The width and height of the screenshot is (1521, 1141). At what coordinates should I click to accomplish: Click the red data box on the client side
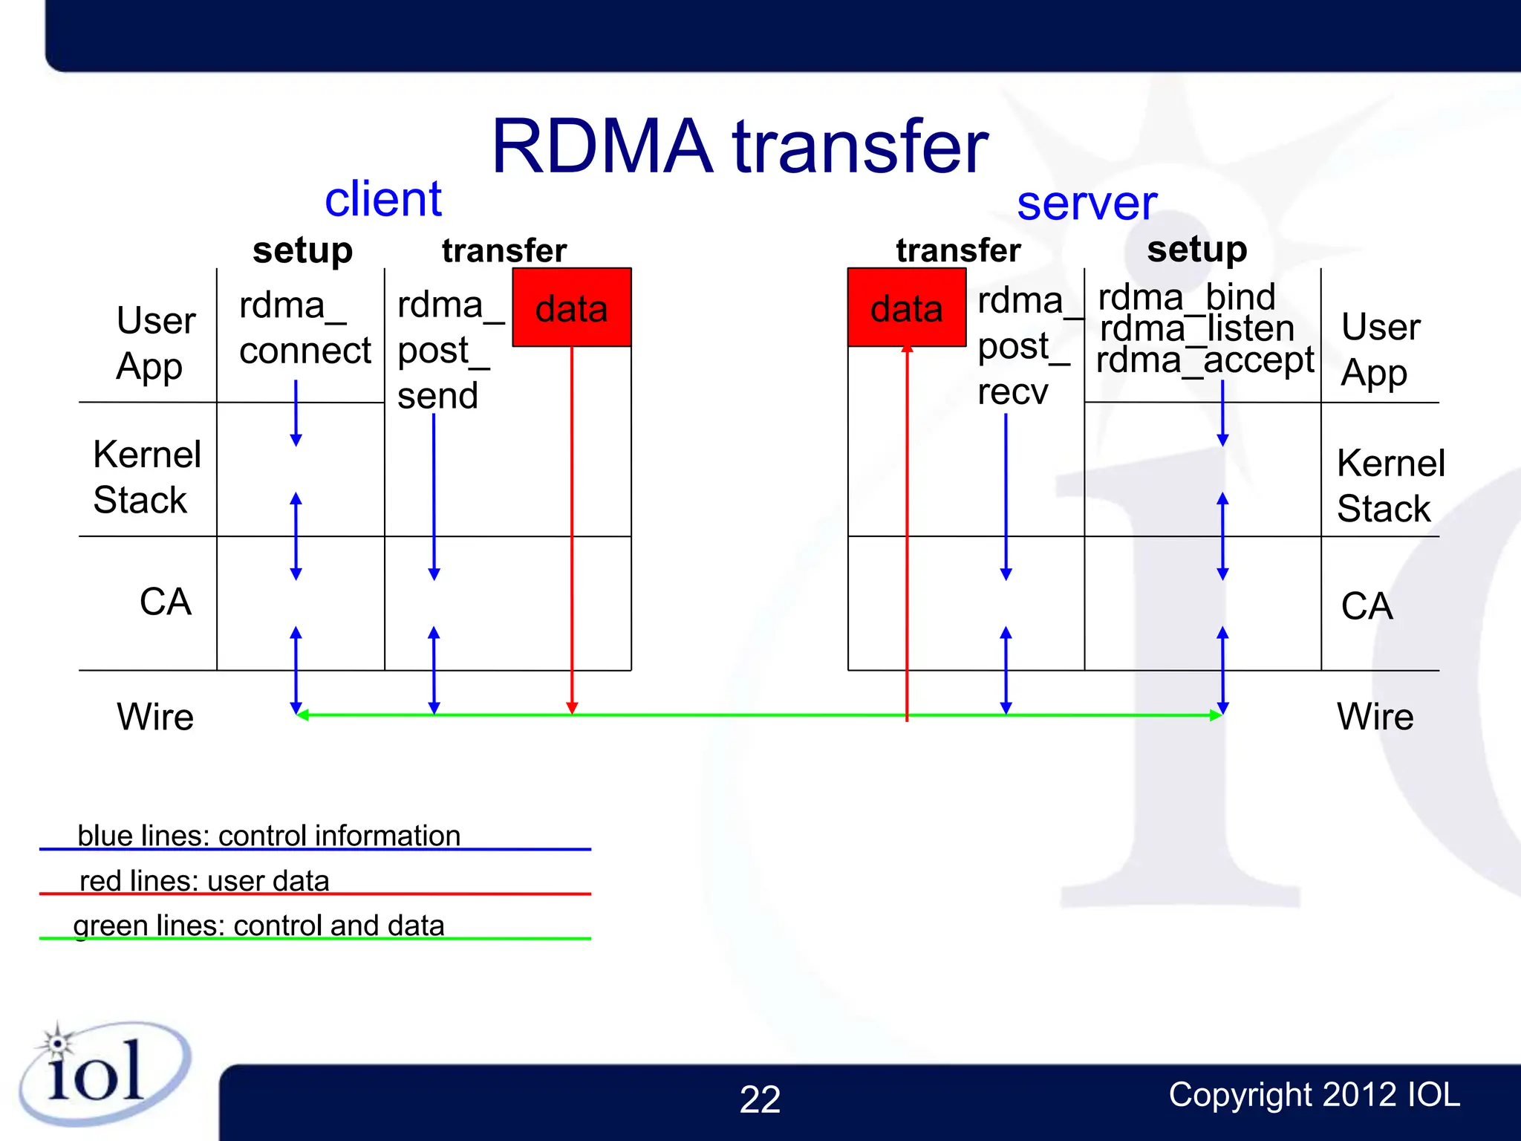(571, 308)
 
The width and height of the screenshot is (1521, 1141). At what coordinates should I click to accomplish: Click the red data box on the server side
(907, 308)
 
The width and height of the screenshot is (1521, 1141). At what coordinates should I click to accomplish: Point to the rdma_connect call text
(304, 328)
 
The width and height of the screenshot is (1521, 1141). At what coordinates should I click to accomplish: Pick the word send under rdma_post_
(437, 395)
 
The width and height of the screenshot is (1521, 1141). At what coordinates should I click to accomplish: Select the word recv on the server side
(1012, 391)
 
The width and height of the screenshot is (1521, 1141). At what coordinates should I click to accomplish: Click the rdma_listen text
(1196, 328)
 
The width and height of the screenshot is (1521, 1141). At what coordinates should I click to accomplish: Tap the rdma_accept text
(1205, 361)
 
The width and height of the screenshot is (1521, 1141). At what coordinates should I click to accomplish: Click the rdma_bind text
(1186, 297)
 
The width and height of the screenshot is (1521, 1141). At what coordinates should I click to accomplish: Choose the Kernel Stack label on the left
(146, 476)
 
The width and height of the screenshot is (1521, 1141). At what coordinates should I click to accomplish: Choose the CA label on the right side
(1366, 606)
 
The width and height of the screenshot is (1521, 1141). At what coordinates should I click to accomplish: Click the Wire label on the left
(154, 717)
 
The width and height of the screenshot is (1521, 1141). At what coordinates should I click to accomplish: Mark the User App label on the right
(1379, 349)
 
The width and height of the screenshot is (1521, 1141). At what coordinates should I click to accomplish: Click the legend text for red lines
(204, 881)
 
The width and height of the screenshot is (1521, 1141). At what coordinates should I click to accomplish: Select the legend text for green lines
(258, 926)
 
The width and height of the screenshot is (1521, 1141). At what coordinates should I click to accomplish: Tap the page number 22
(760, 1099)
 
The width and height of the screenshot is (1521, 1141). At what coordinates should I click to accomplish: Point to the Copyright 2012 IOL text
(1314, 1095)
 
